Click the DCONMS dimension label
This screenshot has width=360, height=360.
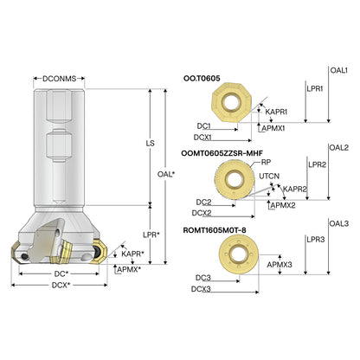59,79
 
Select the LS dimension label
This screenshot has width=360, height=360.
151,143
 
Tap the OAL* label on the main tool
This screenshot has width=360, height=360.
166,174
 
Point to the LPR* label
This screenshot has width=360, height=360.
151,235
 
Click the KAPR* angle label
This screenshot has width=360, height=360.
132,254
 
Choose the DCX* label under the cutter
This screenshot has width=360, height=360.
61,286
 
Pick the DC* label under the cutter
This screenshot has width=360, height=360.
61,273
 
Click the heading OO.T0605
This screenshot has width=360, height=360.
202,78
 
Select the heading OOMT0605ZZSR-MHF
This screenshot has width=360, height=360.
222,153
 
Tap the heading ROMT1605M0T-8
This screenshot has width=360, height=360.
215,230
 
